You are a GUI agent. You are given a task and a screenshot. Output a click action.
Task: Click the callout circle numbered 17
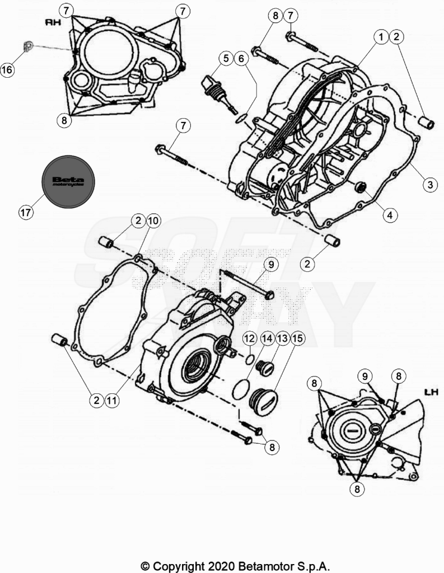[26, 212]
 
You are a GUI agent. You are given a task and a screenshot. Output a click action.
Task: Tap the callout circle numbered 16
[7, 69]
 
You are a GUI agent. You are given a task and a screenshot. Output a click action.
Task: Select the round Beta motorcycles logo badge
[68, 182]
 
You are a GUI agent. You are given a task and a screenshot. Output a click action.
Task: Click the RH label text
[53, 22]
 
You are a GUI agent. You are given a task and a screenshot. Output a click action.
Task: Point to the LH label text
[431, 392]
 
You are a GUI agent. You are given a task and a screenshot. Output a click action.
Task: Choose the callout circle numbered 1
[381, 36]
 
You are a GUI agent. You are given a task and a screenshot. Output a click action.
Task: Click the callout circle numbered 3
[430, 184]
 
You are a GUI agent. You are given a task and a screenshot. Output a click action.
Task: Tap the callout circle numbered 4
[390, 215]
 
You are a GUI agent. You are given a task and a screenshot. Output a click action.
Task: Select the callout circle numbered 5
[226, 58]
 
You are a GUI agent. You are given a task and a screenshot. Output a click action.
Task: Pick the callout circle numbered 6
[241, 58]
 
